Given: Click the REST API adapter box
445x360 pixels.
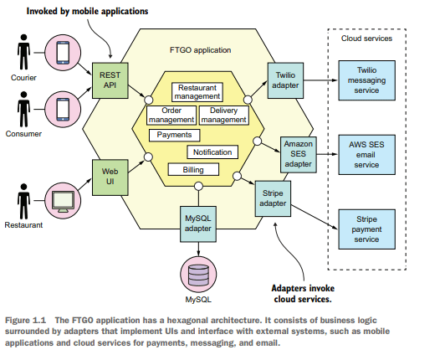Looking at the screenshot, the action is point(110,80).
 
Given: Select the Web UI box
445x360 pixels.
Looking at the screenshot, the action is point(110,177).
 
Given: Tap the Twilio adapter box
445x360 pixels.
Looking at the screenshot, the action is point(285,80).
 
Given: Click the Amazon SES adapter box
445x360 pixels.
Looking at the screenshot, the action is point(299,155).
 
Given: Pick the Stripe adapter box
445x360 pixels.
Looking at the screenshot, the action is point(273,198).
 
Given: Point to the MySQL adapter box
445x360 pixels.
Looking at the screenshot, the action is point(198,224).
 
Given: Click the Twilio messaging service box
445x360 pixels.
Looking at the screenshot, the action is point(366,80).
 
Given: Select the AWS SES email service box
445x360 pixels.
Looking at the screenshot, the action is point(366,155).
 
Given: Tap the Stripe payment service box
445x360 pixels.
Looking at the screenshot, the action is point(366,229).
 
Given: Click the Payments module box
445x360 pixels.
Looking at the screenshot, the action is point(175,135).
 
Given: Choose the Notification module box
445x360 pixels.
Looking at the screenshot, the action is point(212,152).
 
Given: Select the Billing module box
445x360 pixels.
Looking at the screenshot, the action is point(193,170).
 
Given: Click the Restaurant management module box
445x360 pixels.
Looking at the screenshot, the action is point(197,92).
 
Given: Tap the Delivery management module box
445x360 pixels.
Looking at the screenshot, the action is point(224,115).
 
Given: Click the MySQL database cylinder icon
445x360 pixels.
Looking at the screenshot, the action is point(198,275).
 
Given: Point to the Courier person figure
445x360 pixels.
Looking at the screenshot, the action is point(23,52).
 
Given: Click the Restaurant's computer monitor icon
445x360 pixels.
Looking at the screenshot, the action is point(63,201).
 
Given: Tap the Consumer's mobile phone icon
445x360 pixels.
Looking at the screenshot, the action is point(63,110).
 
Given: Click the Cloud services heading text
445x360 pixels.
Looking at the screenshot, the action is point(366,39).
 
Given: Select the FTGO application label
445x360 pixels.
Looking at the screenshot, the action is point(201,50).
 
